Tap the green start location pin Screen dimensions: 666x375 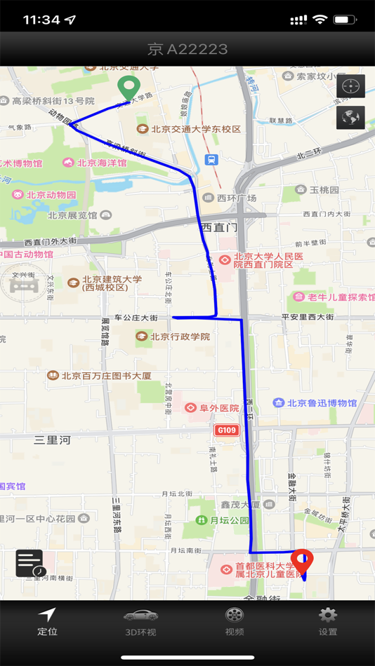128,88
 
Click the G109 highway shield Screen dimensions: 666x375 227,430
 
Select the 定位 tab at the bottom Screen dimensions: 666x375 47,621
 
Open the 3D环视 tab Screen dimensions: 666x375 140,621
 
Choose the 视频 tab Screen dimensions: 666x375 235,621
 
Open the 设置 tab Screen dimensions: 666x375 328,621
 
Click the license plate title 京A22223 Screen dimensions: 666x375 187,49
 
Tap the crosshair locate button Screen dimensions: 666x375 350,86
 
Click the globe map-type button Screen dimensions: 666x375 350,117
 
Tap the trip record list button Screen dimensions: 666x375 29,563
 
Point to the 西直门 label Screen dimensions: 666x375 219,227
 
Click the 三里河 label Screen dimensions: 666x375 53,440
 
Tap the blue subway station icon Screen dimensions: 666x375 211,160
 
